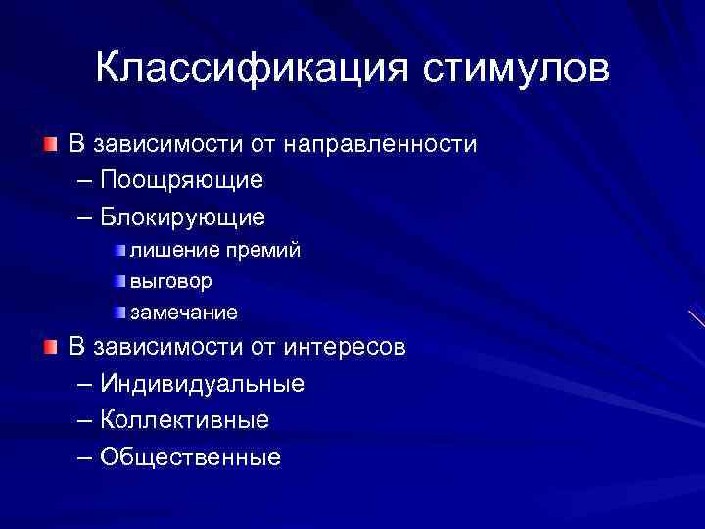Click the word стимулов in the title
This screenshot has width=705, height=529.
(517, 69)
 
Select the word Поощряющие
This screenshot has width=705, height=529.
(181, 180)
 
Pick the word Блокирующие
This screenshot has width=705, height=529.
(183, 216)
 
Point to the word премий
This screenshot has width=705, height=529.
(263, 251)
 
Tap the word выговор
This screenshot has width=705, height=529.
(171, 281)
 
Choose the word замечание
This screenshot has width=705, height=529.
(184, 313)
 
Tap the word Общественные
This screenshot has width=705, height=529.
(190, 456)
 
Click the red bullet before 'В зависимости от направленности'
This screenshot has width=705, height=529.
(50, 145)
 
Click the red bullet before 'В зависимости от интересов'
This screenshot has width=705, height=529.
(50, 347)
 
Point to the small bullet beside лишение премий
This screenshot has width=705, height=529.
(119, 251)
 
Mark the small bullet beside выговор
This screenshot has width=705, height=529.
(119, 281)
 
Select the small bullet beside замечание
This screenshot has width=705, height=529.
(119, 313)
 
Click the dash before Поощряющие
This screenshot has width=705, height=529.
(81, 180)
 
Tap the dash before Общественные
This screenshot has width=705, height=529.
(81, 456)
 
